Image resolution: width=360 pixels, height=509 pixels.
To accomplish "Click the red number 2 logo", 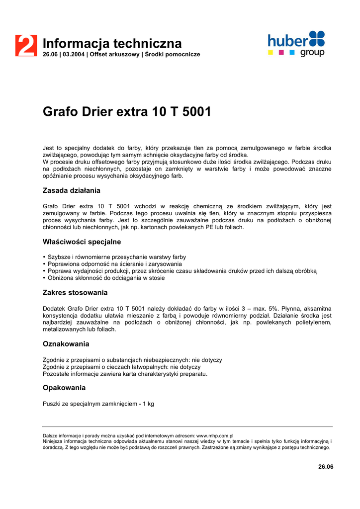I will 26,46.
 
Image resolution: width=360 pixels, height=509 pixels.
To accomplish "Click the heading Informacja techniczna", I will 112,43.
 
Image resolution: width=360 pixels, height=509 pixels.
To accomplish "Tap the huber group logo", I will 296,43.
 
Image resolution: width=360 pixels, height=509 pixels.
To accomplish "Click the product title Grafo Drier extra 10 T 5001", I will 127,112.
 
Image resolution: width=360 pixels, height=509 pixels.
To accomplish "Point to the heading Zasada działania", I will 72,190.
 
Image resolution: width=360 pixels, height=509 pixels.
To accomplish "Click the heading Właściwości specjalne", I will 82,242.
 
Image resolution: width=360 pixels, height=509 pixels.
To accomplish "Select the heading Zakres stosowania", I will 75,292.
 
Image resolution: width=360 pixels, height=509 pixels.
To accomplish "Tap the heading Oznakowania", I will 66,344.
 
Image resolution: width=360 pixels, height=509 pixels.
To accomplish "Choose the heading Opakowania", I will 64,388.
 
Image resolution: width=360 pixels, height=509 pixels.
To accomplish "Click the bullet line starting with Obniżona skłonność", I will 106,278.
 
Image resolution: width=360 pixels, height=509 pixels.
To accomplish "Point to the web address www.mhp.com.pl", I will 215,435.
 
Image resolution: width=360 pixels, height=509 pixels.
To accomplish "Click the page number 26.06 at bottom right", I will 326,466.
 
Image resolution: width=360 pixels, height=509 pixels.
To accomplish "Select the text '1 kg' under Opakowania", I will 148,404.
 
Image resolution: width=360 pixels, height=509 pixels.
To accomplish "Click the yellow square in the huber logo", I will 270,52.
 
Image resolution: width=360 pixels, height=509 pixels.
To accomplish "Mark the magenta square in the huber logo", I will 281,52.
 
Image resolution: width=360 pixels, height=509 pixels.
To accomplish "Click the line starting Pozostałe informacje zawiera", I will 125,374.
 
